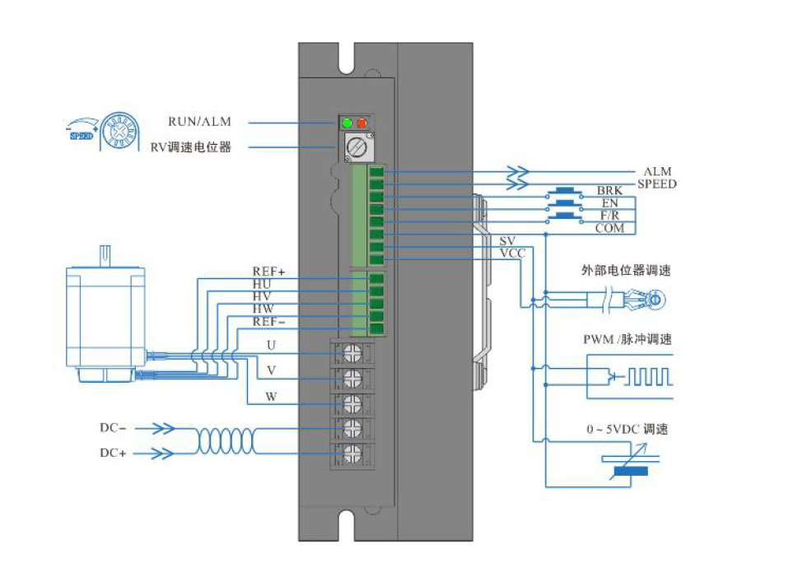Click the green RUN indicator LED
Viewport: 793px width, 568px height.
[348, 123]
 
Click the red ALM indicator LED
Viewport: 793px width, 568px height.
[362, 123]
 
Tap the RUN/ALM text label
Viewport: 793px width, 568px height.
[199, 122]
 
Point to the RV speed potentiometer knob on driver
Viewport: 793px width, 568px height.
[355, 148]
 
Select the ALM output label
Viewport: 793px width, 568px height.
[657, 171]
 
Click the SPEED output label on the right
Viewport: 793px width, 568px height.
[656, 184]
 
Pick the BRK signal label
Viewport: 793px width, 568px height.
[609, 191]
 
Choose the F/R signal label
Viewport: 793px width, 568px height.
[609, 215]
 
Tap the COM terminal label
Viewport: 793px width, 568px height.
[609, 228]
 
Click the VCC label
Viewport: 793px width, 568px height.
[512, 253]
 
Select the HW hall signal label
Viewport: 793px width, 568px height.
[263, 309]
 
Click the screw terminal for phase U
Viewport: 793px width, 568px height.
[352, 353]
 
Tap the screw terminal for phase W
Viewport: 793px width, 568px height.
[352, 403]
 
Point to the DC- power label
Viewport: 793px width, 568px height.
[113, 428]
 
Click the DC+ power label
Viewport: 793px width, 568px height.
[113, 453]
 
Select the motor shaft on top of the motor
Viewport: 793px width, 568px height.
[105, 255]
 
